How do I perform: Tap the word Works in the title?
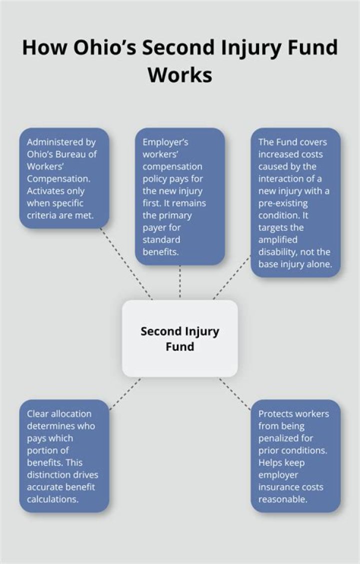[180, 75]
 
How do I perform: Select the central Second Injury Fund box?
[180, 338]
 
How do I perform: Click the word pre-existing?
[283, 203]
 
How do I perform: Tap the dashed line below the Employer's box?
[180, 282]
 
